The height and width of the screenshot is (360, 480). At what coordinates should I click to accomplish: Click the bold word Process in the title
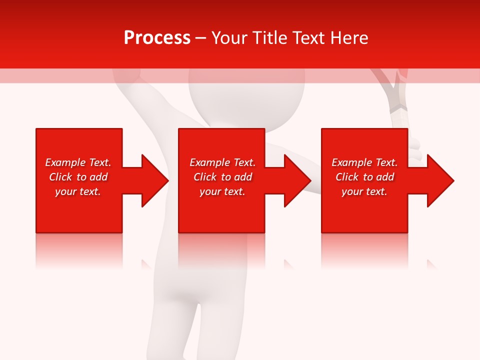point(157,38)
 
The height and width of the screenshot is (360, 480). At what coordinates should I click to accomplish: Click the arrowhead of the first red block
point(152,180)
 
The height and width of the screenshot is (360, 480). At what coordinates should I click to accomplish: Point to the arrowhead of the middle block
point(294,180)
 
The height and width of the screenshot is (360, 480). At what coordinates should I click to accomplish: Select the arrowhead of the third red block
point(437,180)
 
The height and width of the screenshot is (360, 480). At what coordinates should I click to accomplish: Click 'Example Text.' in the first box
point(78,162)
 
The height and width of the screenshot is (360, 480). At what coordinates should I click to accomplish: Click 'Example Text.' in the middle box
point(222,162)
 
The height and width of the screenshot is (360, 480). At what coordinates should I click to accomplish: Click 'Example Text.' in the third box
point(364,162)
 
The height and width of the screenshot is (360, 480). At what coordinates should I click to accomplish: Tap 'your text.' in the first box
point(78,191)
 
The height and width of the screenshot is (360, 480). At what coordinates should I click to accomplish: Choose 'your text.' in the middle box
point(222,191)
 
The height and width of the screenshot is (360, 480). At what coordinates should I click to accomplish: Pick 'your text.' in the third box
point(364,191)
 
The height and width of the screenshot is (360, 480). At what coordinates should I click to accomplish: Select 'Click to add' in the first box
point(78,177)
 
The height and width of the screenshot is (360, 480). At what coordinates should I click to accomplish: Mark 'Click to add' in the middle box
point(222,177)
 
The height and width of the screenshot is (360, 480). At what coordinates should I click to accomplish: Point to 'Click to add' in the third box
point(364,177)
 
